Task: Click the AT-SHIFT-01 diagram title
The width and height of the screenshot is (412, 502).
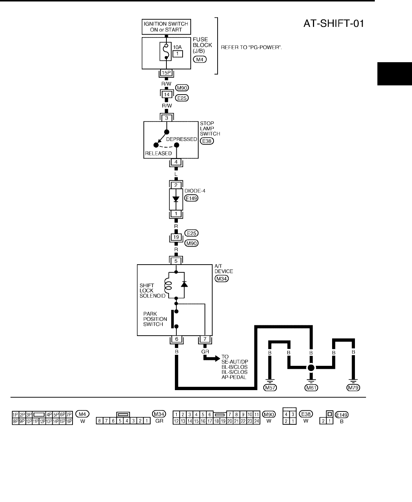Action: (334, 24)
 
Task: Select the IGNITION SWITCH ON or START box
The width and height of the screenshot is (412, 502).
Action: (166, 26)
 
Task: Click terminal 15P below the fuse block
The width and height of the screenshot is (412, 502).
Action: (166, 73)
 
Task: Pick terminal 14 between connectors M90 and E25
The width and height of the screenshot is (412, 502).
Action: (167, 95)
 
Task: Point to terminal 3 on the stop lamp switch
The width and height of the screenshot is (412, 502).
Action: (167, 118)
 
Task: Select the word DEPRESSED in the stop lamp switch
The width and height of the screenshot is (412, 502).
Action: (182, 139)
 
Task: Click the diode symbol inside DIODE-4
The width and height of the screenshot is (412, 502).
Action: (176, 199)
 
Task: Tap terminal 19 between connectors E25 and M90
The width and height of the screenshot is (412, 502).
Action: (176, 237)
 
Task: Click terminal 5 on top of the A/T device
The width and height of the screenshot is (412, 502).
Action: (176, 261)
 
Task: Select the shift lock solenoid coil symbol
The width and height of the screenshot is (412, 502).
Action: (168, 287)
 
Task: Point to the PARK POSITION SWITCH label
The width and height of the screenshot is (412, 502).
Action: (153, 319)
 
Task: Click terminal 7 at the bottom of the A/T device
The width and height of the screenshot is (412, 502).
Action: (205, 339)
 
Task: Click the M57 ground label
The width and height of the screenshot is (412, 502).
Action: (270, 388)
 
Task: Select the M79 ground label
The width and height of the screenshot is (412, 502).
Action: (353, 388)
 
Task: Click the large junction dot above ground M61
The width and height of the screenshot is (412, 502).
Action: (311, 368)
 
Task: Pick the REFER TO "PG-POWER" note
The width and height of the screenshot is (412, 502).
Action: (251, 47)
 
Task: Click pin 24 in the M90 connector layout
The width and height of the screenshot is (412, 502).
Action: (257, 421)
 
